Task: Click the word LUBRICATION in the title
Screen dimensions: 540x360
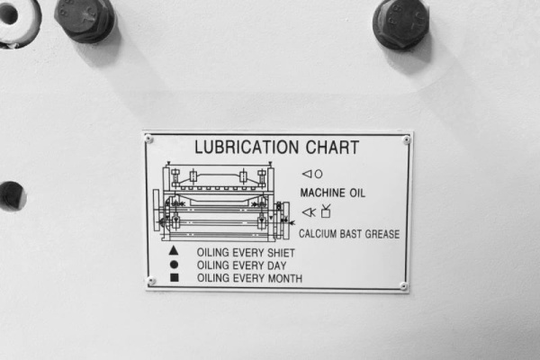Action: (x=247, y=147)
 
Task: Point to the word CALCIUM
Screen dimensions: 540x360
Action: (x=318, y=234)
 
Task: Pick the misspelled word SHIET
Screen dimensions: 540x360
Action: (x=282, y=253)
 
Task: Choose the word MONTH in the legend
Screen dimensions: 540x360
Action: (x=285, y=278)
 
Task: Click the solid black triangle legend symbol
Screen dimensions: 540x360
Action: (x=174, y=251)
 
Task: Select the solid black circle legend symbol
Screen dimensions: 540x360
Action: (x=175, y=265)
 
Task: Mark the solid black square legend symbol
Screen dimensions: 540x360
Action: (x=175, y=277)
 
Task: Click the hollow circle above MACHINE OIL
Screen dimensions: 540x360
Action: (x=319, y=175)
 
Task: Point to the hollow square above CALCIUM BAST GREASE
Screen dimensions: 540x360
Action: (x=326, y=213)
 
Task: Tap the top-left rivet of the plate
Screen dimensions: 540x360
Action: (x=148, y=139)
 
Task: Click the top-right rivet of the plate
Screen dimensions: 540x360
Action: (x=407, y=139)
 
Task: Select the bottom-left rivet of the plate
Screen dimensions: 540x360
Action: (x=151, y=281)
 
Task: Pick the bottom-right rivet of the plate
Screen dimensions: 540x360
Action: (x=403, y=285)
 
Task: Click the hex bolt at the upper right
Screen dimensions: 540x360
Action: (x=401, y=23)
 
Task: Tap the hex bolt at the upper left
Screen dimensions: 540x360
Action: (x=85, y=19)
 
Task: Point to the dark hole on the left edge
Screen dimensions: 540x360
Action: (x=12, y=195)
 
